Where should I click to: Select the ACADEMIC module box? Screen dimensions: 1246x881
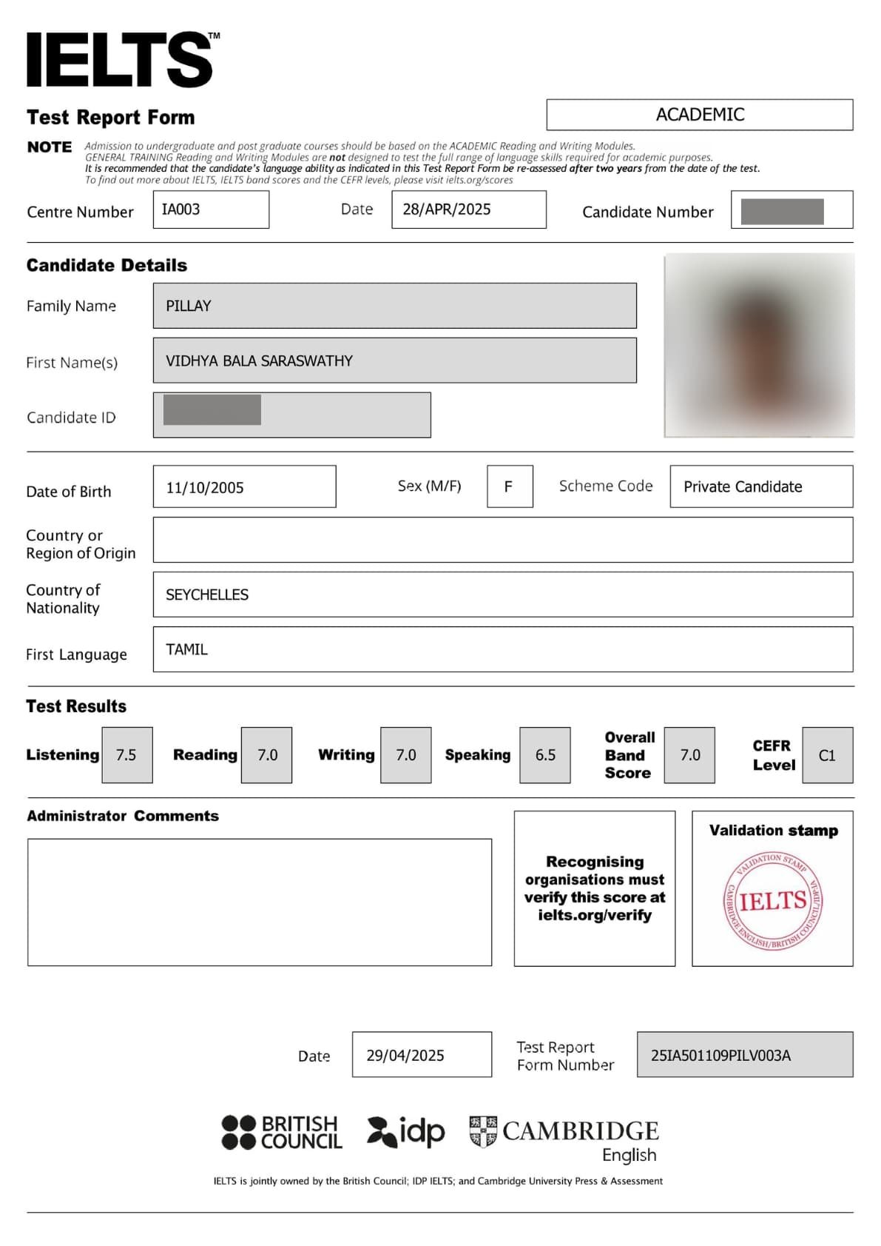coord(699,115)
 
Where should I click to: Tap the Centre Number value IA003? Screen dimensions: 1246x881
coord(181,210)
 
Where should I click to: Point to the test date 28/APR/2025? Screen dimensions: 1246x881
coord(447,210)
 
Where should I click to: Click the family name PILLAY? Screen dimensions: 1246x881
coord(189,306)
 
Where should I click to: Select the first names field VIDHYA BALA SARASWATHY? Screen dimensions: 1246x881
coord(259,361)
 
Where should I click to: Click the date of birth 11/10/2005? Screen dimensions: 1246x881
coord(205,487)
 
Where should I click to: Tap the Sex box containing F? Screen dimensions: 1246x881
coord(509,486)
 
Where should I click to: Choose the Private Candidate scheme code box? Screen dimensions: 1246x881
coord(743,486)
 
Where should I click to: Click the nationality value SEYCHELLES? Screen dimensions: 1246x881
coord(207,594)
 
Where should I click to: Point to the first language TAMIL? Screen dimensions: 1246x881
coord(186,649)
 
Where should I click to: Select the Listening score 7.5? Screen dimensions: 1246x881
coord(126,755)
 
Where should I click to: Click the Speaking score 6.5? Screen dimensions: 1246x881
coord(545,755)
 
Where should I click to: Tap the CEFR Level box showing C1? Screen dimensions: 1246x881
coord(826,755)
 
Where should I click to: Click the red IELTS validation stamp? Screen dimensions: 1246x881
coord(773,900)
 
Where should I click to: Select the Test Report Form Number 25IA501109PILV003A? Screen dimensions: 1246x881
coord(720,1055)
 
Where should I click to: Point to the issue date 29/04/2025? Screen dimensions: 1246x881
coord(405,1055)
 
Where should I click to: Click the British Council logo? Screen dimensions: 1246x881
coord(282,1133)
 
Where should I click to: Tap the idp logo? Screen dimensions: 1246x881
coord(406,1132)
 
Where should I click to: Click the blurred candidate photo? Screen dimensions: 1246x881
coord(759,345)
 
